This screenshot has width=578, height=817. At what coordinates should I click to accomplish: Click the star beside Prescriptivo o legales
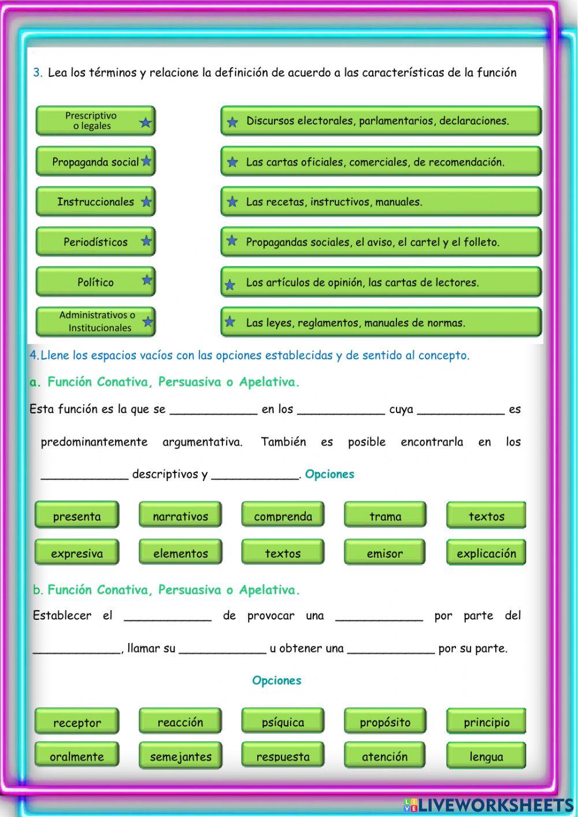[x=145, y=123]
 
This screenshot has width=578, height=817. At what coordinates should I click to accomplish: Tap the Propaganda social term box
[x=95, y=162]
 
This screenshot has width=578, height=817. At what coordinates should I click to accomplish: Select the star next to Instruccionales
[x=146, y=202]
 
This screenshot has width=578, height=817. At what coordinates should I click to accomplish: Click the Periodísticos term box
[x=95, y=242]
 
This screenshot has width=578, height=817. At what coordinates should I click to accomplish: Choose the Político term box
[x=95, y=282]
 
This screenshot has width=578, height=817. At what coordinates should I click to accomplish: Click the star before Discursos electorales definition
[x=232, y=122]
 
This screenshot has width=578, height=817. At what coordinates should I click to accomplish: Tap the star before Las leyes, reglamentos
[x=230, y=321]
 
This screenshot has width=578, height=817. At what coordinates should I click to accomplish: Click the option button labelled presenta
[x=77, y=516]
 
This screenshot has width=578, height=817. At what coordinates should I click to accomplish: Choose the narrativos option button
[x=180, y=516]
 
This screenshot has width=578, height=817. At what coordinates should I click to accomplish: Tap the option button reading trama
[x=385, y=516]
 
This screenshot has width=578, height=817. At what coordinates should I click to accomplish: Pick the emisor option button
[x=385, y=553]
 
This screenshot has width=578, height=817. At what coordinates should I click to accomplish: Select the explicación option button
[x=486, y=553]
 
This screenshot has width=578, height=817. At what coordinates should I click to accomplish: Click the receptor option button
[x=77, y=722]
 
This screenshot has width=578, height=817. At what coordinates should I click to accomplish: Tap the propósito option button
[x=385, y=722]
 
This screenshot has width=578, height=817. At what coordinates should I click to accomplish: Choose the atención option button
[x=385, y=756]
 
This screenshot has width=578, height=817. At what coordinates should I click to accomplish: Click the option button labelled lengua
[x=486, y=756]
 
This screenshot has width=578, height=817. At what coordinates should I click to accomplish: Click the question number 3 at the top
[x=38, y=73]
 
